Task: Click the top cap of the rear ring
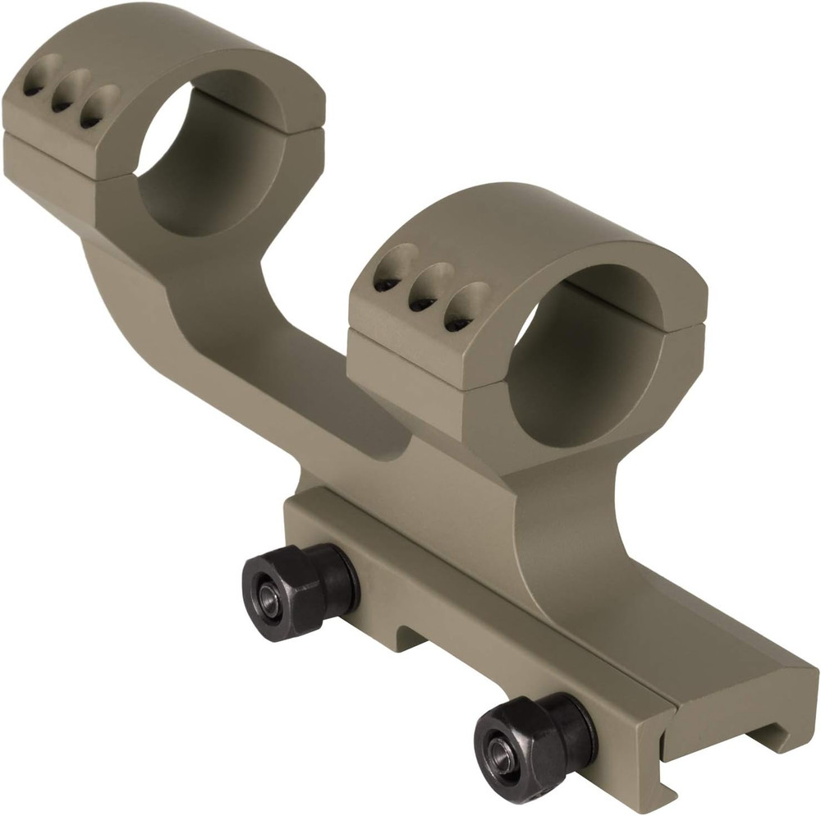pyautogui.click(x=164, y=49)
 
